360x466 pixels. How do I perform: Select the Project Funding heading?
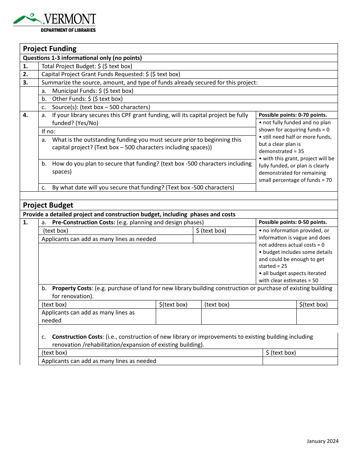(x=50, y=48)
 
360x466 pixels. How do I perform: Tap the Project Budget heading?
(x=48, y=205)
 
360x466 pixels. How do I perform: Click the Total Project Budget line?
(x=87, y=66)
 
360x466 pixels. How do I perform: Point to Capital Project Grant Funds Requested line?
(x=111, y=74)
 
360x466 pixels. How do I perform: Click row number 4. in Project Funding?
(x=25, y=115)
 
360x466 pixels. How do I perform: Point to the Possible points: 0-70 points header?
(x=293, y=115)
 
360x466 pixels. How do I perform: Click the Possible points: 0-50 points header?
(x=293, y=222)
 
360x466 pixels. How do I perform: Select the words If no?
(x=48, y=131)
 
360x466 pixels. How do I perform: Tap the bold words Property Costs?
(x=72, y=288)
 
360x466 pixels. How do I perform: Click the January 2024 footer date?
(x=322, y=441)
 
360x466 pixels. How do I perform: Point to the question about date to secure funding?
(x=143, y=188)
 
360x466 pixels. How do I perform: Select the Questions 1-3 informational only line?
(x=82, y=58)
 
